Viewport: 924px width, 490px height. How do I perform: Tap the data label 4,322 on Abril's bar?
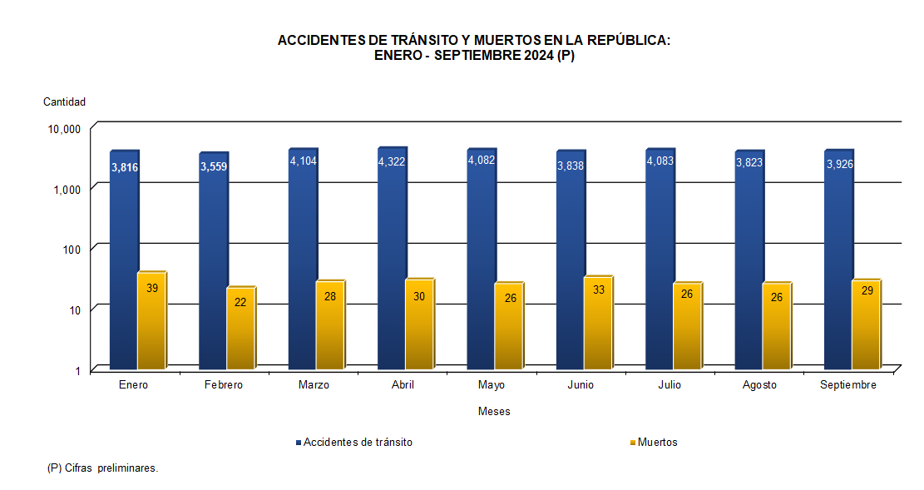point(392,161)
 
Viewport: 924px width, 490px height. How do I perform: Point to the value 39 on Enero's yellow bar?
point(151,289)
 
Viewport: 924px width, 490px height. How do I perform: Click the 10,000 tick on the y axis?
point(63,130)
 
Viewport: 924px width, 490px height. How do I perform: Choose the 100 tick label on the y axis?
point(71,250)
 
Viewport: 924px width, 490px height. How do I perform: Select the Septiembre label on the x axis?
point(847,385)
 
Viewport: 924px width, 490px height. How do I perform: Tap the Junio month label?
point(581,385)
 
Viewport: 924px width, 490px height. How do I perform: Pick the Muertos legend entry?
point(657,443)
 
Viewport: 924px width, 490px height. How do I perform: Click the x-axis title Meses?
point(494,412)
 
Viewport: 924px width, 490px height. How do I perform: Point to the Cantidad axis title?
point(64,102)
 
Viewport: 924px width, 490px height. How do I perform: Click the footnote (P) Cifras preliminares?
point(103,468)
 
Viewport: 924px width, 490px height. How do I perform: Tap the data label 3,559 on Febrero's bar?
point(214,166)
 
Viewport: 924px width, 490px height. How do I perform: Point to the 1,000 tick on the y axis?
point(66,190)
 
